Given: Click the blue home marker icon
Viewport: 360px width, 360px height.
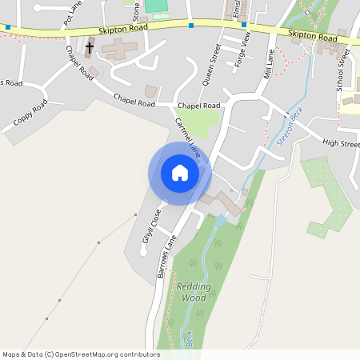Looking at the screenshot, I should [179, 173].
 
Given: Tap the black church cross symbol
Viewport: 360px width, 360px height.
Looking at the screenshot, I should [89, 49].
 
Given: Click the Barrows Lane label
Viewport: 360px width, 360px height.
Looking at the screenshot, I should [166, 256].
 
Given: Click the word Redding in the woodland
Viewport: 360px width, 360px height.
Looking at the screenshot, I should [194, 286].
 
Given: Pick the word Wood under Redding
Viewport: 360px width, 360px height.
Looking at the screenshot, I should [194, 298].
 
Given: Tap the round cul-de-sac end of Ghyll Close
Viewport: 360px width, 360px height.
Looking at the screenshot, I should [143, 252].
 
